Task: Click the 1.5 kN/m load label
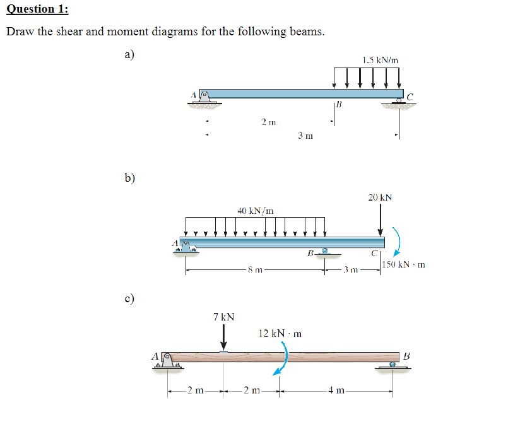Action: (381, 61)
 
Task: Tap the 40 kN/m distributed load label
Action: (255, 209)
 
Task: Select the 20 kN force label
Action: (380, 197)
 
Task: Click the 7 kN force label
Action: (223, 316)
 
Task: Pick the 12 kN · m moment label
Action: (280, 333)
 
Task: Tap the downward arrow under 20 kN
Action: (381, 221)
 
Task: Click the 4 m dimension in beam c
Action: (335, 391)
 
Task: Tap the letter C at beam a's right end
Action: (410, 97)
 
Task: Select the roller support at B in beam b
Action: (326, 252)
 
